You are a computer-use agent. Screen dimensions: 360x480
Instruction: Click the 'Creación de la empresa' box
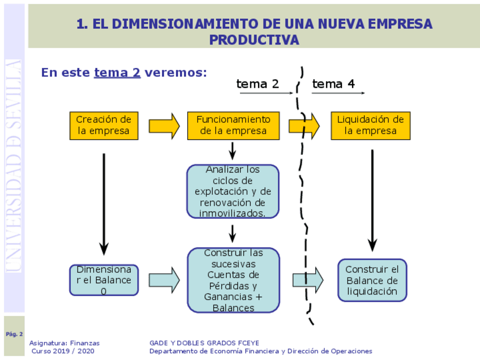(x=104, y=126)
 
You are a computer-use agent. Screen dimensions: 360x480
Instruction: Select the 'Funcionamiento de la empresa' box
(x=233, y=126)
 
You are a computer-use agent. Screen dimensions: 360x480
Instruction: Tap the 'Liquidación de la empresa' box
(x=371, y=126)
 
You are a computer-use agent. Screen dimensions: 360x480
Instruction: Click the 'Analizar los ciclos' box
(x=233, y=191)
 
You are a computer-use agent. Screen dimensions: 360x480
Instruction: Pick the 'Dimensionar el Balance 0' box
(x=104, y=280)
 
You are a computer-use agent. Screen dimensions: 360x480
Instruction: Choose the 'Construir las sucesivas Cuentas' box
(x=233, y=280)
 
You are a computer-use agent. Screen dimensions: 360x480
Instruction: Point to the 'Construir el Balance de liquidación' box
(x=372, y=280)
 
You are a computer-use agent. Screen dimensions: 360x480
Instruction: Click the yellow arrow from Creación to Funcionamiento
(x=164, y=126)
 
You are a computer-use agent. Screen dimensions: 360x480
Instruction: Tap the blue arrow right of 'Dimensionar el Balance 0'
(x=164, y=280)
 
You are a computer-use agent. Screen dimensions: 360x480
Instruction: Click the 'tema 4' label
(x=333, y=84)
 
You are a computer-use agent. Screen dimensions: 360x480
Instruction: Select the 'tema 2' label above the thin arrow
(x=258, y=84)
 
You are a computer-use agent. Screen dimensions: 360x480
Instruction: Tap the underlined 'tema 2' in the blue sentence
(x=117, y=72)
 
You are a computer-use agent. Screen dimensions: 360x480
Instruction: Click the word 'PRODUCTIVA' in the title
(x=254, y=40)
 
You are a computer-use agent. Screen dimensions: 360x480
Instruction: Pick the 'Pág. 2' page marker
(x=14, y=334)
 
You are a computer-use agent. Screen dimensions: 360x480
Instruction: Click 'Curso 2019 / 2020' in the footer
(x=63, y=351)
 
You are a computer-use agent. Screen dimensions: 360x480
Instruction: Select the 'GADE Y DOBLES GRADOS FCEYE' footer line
(x=204, y=343)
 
